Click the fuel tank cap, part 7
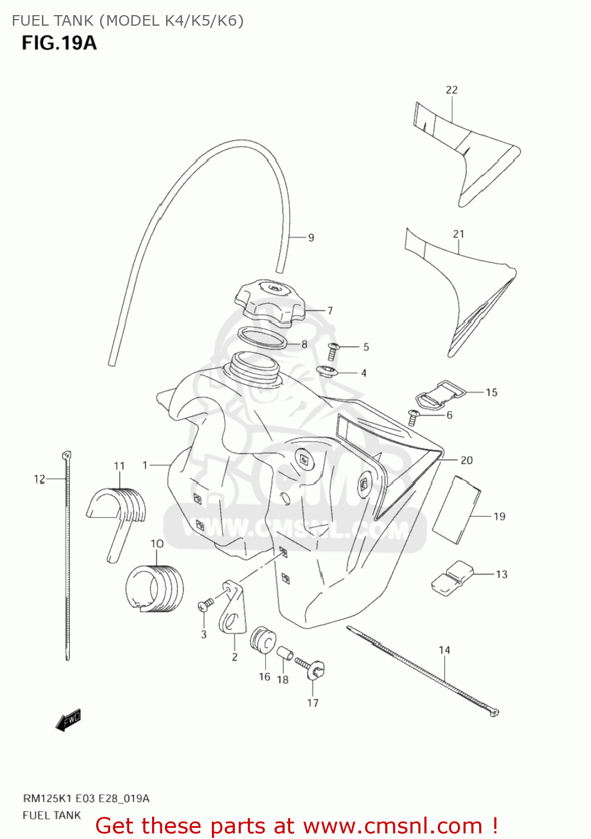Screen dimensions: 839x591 pyautogui.click(x=270, y=302)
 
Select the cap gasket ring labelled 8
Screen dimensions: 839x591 pyautogui.click(x=263, y=338)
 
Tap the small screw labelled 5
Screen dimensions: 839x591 pyautogui.click(x=333, y=351)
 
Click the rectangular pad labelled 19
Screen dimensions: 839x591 pyautogui.click(x=457, y=510)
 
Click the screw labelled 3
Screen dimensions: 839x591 pyautogui.click(x=205, y=604)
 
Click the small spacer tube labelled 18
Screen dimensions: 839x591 pyautogui.click(x=284, y=653)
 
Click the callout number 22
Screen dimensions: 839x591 pyautogui.click(x=452, y=89)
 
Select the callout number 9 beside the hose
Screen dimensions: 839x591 pyautogui.click(x=311, y=238)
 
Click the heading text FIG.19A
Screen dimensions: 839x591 pyautogui.click(x=59, y=43)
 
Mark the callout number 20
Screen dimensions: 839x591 pyautogui.click(x=466, y=460)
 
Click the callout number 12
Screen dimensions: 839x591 pyautogui.click(x=39, y=479)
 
